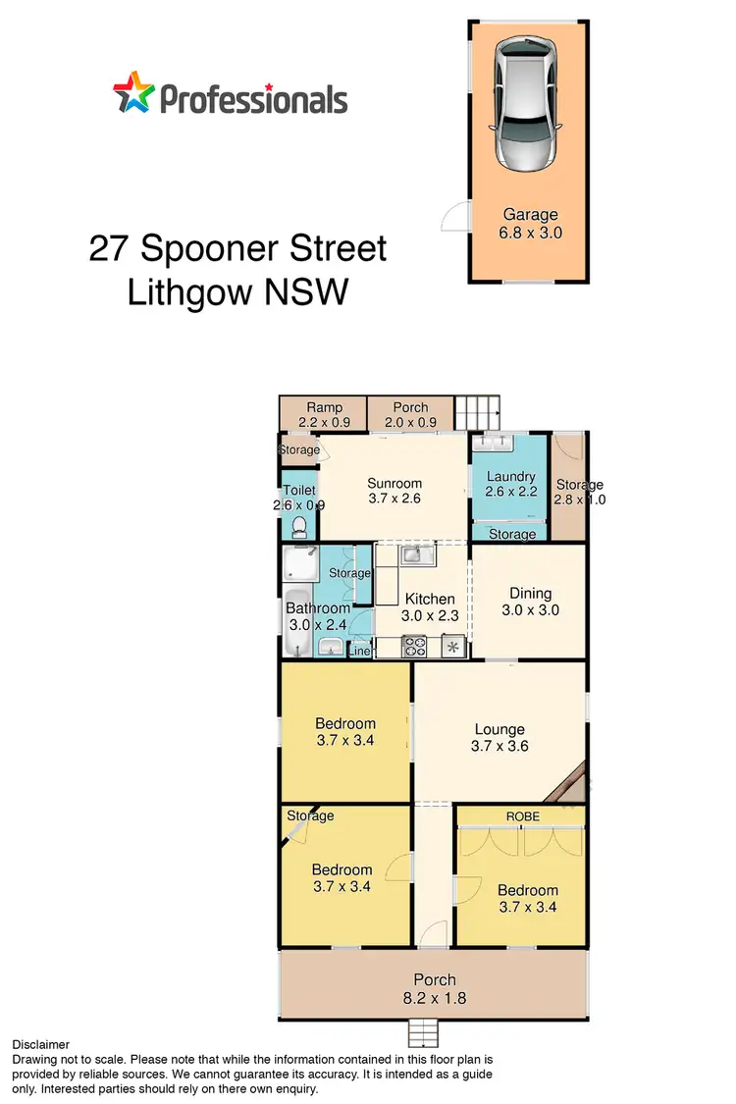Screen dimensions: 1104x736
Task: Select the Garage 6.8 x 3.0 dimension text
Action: [531, 234]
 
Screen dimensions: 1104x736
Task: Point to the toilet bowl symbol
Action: [298, 528]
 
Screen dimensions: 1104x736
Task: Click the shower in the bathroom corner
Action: [298, 566]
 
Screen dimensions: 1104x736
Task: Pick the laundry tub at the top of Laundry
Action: [494, 444]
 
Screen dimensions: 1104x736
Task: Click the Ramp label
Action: [323, 407]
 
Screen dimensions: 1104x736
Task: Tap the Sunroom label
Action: [394, 483]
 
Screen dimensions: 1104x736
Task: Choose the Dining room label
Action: [530, 593]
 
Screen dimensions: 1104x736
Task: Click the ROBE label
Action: [522, 815]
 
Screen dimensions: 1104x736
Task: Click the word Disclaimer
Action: [40, 1045]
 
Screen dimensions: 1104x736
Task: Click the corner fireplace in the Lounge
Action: [572, 782]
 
